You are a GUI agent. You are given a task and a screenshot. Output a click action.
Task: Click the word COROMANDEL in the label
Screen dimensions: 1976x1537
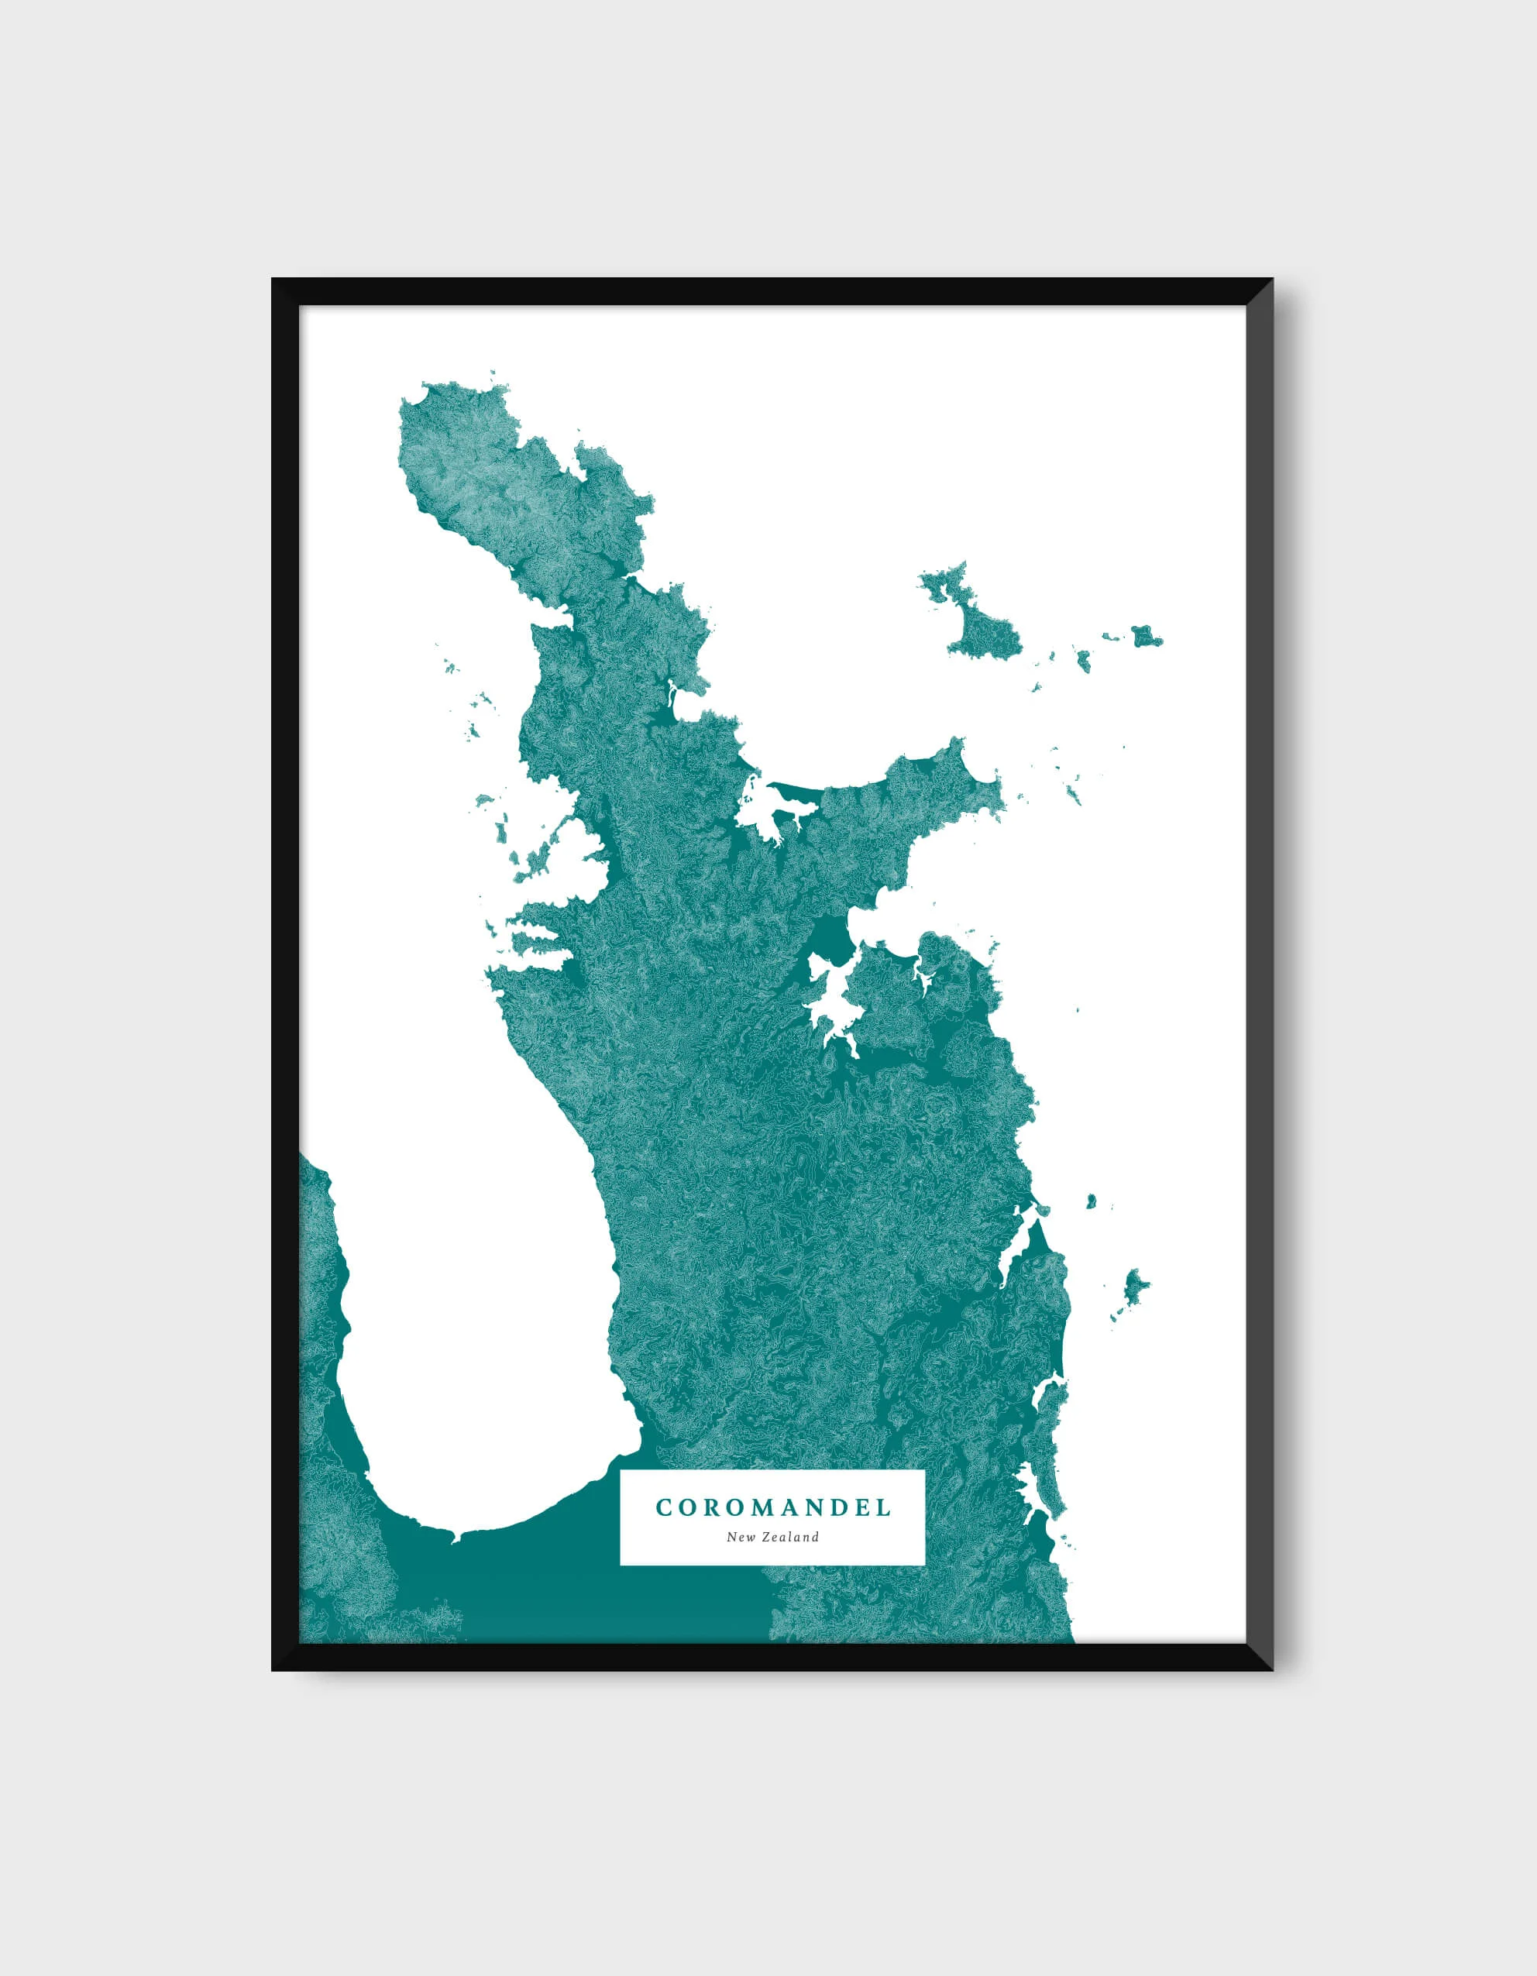tap(772, 1507)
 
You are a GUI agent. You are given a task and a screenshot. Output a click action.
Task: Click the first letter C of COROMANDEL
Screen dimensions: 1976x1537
tap(662, 1507)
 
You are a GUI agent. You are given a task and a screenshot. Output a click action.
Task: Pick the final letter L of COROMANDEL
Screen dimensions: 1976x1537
tap(884, 1507)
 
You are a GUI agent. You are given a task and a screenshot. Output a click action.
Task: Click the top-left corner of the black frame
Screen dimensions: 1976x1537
tap(273, 280)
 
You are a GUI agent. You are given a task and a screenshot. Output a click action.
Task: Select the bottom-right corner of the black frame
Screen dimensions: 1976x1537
tap(1271, 1669)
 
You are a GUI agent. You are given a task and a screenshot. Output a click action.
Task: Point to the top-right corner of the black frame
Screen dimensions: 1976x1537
tap(1271, 280)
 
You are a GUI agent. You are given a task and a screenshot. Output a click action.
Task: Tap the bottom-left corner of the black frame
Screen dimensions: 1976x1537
tap(273, 1669)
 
